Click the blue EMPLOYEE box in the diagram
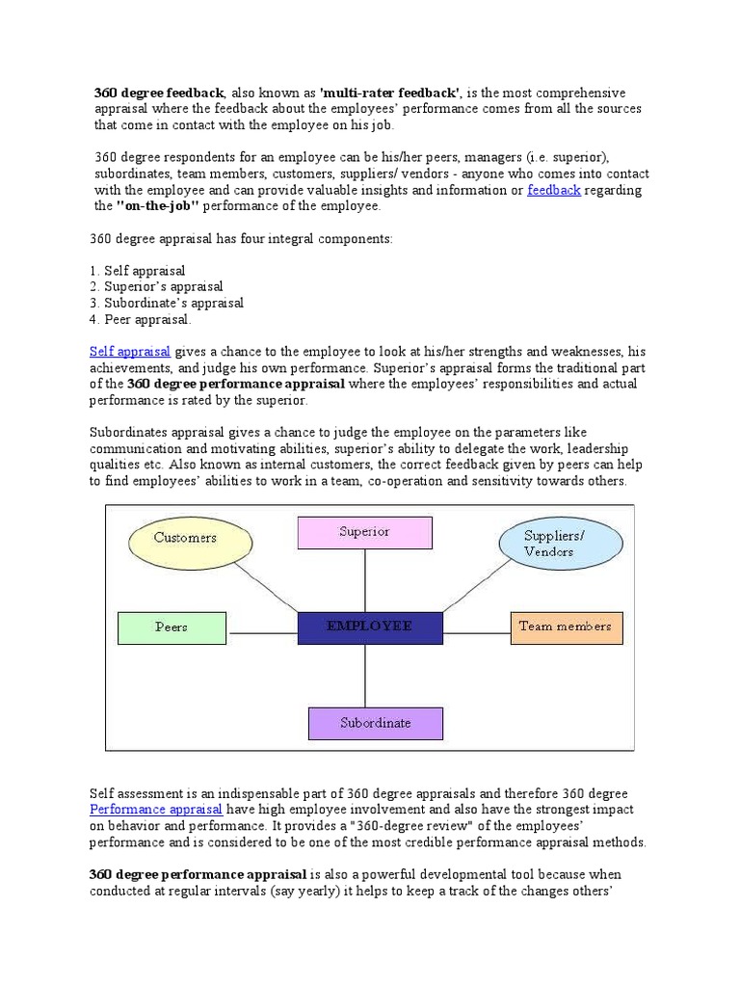[370, 627]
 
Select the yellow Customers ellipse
[185, 537]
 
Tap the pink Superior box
[364, 532]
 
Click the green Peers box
[172, 627]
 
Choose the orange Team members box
[566, 627]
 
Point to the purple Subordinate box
[375, 723]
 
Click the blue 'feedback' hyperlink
[554, 190]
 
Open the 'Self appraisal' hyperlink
[130, 352]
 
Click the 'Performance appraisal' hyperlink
[156, 810]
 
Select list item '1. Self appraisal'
[138, 271]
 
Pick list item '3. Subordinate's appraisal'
[167, 303]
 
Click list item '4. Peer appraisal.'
[141, 319]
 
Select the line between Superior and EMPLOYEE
[365, 580]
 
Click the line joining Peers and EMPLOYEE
[262, 633]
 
